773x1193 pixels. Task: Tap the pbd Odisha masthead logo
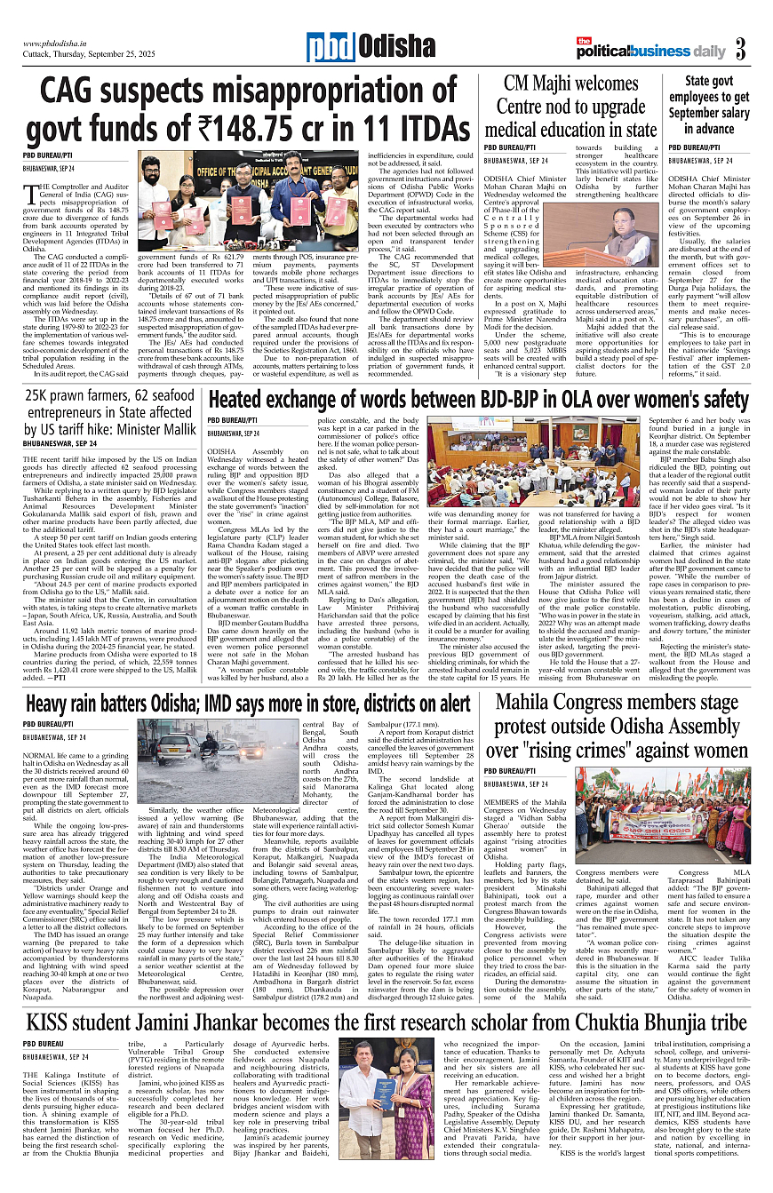point(359,45)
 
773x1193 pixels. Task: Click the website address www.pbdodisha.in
point(61,43)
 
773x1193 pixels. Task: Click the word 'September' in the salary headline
point(688,114)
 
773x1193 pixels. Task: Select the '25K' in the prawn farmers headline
point(42,397)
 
